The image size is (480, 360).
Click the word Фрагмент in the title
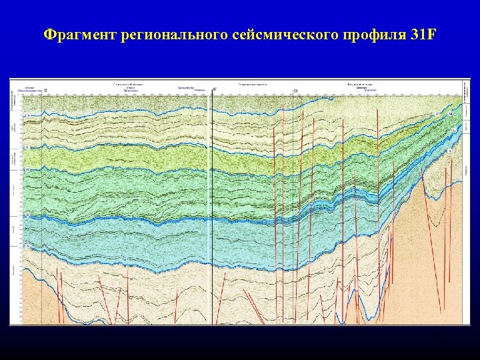tap(80, 34)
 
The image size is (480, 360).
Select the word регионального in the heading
tap(175, 34)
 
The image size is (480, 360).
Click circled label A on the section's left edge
tap(27, 246)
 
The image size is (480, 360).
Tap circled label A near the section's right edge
tap(450, 151)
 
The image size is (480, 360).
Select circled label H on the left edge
tap(27, 169)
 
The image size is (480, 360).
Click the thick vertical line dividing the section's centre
tap(211, 200)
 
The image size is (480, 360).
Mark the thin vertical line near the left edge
tap(42, 200)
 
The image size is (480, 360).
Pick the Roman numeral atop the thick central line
tap(214, 89)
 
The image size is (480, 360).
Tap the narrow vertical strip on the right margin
tap(466, 200)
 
